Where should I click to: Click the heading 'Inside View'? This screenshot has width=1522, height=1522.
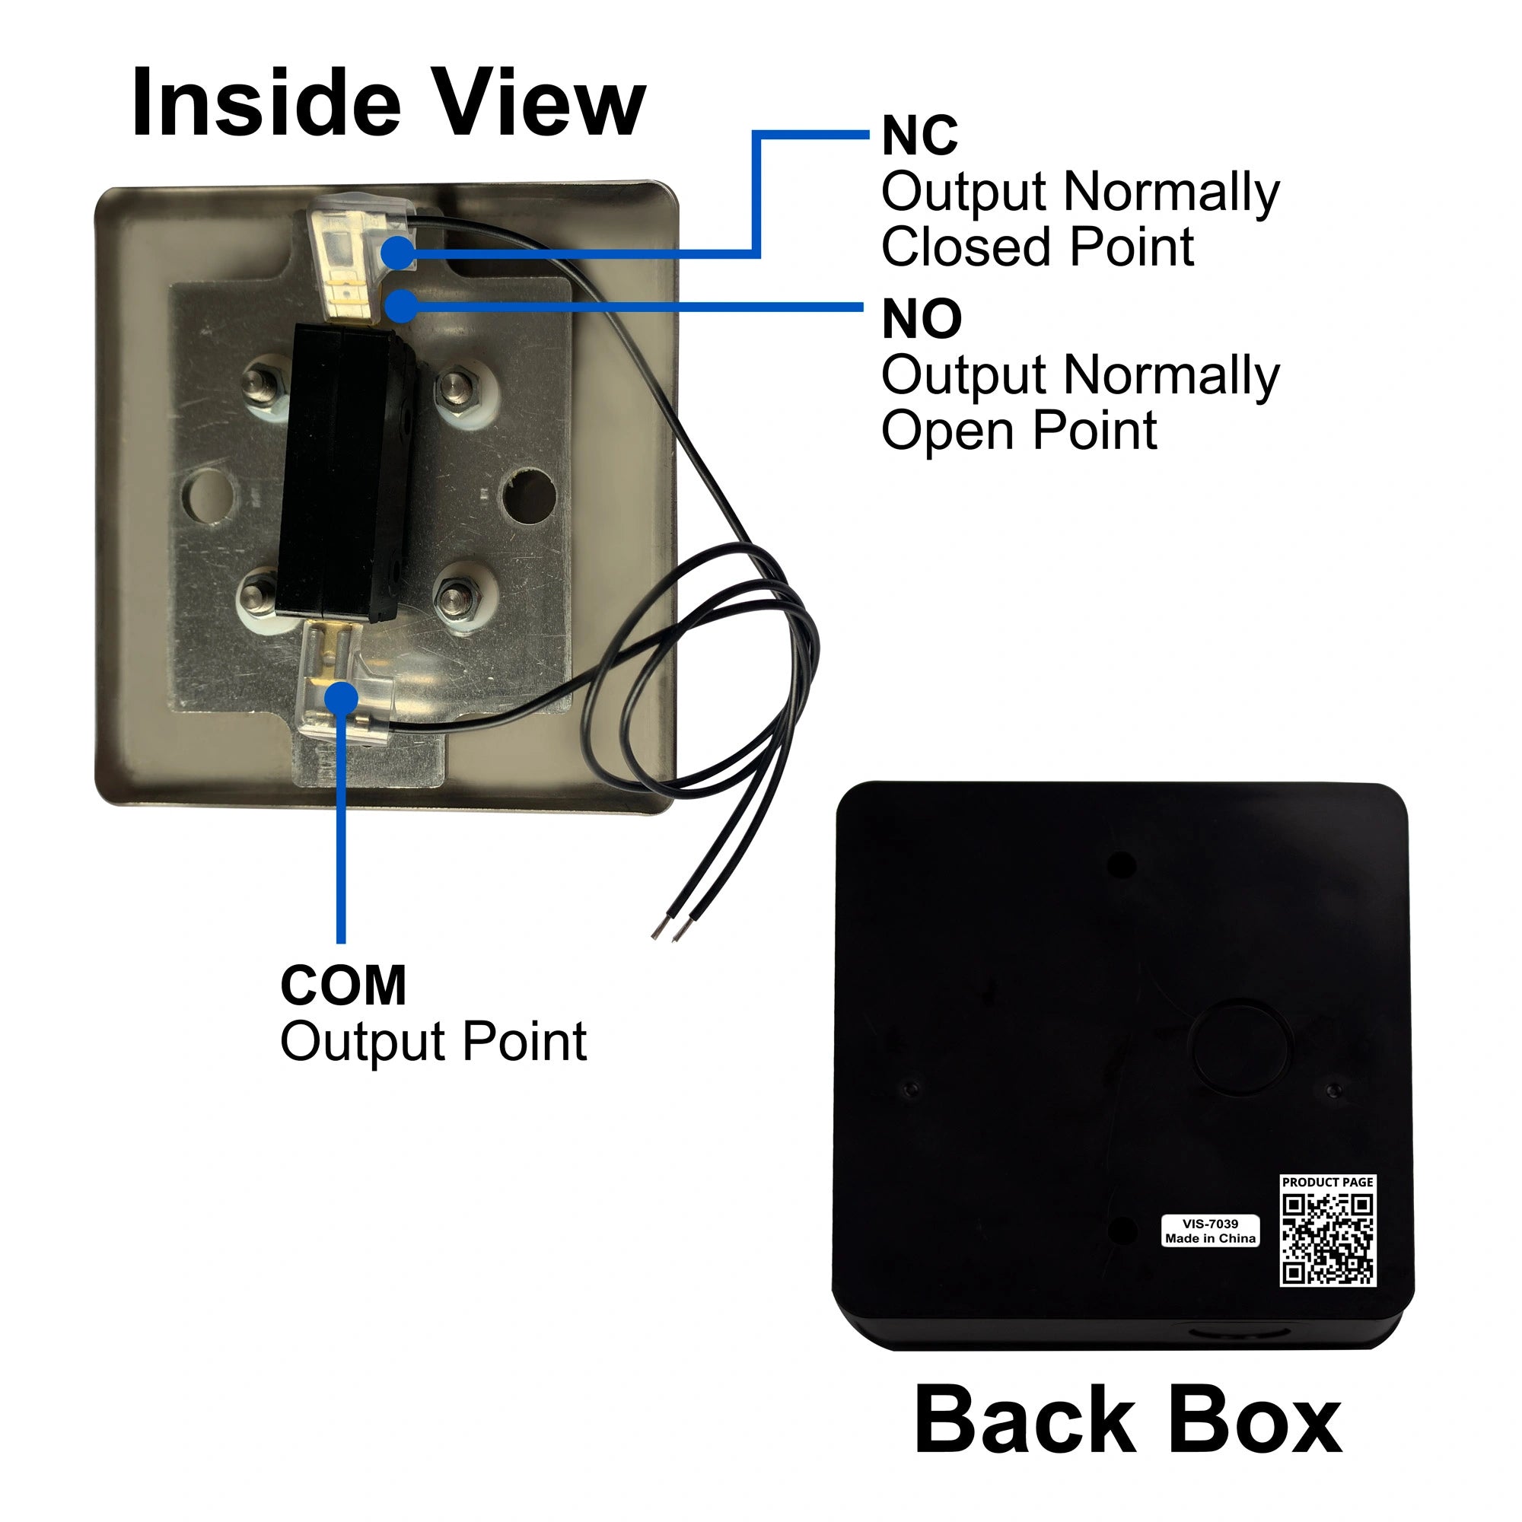388,103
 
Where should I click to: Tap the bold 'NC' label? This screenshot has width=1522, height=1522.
919,135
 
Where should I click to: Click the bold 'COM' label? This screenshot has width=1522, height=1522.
342,985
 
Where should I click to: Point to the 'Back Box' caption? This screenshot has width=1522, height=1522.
1127,1420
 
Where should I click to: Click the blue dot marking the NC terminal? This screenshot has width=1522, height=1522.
399,253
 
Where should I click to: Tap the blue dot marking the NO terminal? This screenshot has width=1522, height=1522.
402,306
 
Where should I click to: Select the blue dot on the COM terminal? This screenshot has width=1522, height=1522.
340,699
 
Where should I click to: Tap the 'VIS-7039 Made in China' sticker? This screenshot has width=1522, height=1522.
1210,1231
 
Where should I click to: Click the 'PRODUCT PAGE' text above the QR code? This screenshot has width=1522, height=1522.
1327,1183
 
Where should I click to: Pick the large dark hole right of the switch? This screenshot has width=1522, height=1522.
530,496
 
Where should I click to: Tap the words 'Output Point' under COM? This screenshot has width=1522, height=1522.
433,1042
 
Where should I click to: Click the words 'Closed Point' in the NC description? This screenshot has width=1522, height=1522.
1036,247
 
